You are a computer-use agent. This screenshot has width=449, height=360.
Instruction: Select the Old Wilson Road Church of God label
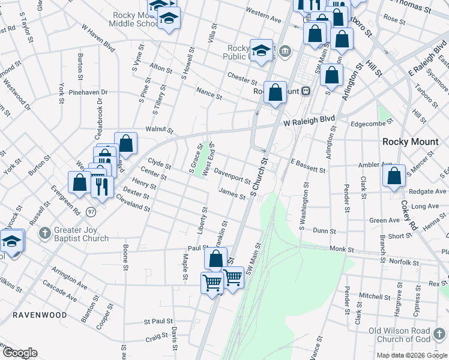point(408,335)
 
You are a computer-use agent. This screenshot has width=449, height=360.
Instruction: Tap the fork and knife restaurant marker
point(103,187)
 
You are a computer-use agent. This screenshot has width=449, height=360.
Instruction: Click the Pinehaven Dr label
point(88,92)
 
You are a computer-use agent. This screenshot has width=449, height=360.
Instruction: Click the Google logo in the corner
point(20,353)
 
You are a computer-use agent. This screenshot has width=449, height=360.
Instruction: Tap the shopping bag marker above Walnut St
point(125,143)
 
